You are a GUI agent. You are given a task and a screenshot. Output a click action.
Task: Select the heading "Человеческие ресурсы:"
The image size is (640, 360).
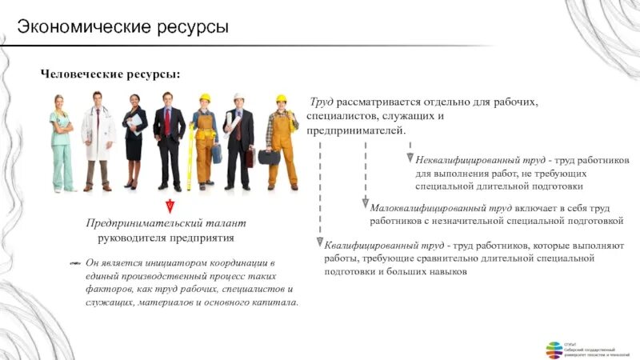(x=110, y=74)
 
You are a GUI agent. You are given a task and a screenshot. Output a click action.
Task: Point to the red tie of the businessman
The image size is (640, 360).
(x=167, y=124)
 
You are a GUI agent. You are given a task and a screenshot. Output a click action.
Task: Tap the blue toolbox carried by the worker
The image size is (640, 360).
(x=217, y=154)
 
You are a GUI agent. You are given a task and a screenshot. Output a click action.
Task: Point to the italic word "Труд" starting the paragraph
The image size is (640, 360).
(x=322, y=103)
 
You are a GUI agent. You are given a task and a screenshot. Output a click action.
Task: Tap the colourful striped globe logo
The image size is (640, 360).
(x=554, y=349)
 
